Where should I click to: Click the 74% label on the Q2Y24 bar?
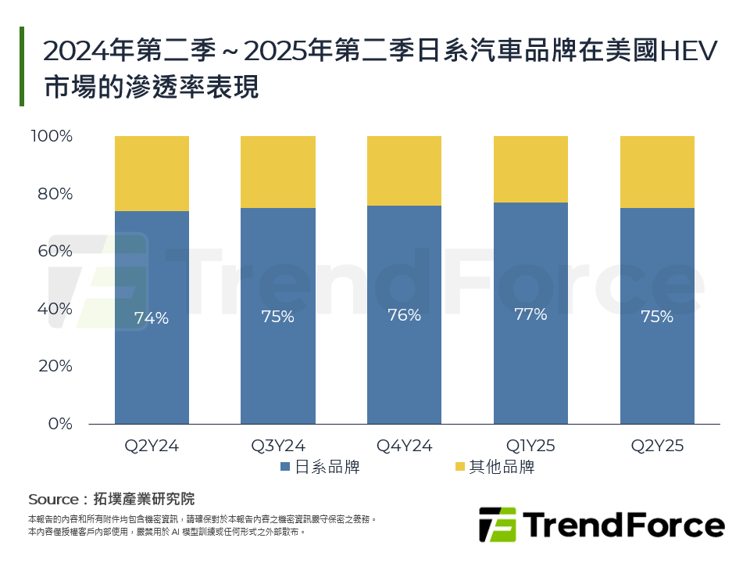click(152, 318)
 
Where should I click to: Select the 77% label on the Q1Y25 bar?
click(530, 315)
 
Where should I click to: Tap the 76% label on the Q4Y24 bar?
click(404, 315)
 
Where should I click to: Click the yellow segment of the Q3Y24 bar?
click(278, 172)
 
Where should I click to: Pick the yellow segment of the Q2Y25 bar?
click(657, 172)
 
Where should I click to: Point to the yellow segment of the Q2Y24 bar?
click(152, 174)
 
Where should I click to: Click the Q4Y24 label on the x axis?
click(404, 446)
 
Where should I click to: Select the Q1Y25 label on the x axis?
click(530, 446)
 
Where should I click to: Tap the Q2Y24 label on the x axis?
click(152, 446)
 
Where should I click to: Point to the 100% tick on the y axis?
click(52, 137)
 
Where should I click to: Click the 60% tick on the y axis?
click(55, 251)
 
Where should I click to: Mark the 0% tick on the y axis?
click(59, 424)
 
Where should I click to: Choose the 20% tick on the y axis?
click(55, 366)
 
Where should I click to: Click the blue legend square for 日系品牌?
click(286, 468)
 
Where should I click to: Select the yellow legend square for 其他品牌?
click(459, 468)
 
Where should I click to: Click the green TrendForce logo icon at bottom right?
click(497, 524)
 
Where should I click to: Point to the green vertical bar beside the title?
click(22, 66)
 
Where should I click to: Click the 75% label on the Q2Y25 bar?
click(657, 317)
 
